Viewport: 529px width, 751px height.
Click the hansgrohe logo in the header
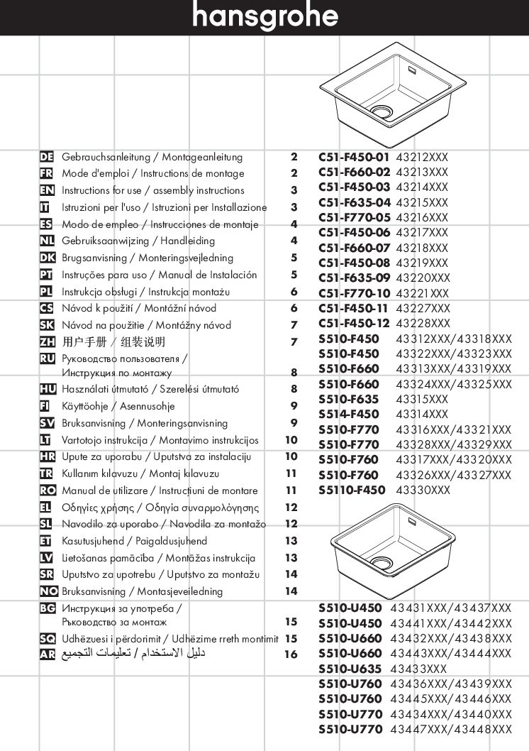click(264, 16)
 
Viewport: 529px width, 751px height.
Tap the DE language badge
click(48, 157)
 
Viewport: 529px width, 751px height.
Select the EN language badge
click(48, 190)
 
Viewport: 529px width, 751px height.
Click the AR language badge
click(48, 654)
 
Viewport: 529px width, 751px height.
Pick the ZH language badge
click(48, 342)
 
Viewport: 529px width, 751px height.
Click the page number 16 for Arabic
click(291, 654)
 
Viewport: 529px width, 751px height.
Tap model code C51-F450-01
click(354, 158)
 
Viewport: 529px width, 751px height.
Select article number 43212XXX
click(422, 158)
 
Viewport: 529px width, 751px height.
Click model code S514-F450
click(348, 414)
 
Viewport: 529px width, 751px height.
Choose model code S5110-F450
click(352, 490)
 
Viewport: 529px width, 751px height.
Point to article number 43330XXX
click(423, 490)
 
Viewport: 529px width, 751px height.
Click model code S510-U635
click(350, 669)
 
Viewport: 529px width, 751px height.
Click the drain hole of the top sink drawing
click(382, 112)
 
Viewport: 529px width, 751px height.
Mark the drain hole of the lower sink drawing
click(381, 562)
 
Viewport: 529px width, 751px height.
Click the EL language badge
click(48, 508)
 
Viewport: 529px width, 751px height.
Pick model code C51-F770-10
click(354, 293)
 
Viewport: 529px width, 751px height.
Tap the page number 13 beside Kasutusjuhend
click(291, 541)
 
